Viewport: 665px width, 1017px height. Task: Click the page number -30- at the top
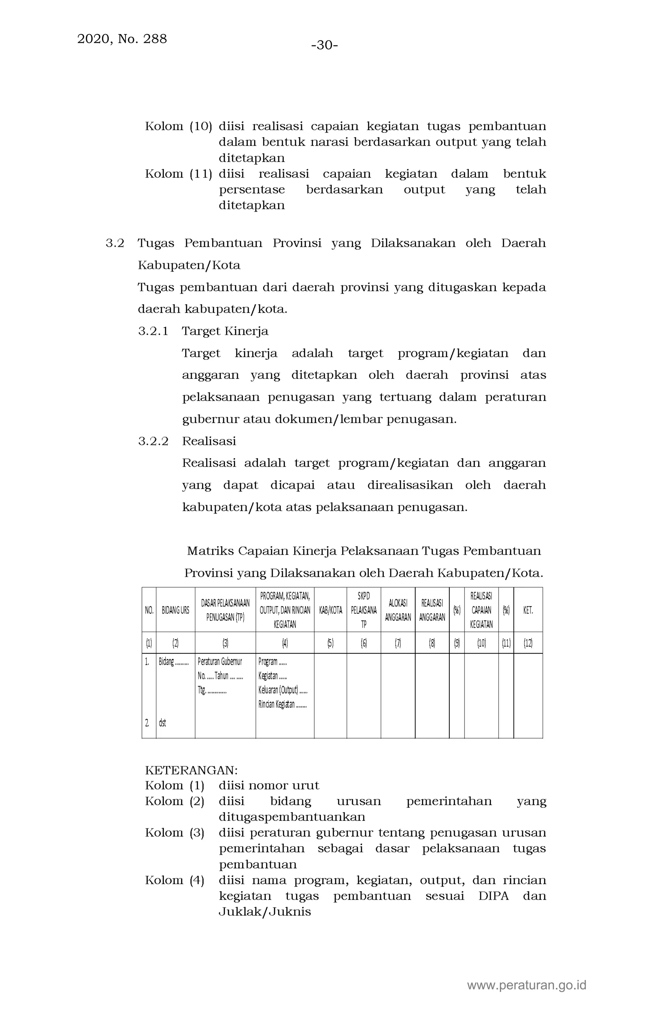324,45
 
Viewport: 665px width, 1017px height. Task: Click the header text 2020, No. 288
122,39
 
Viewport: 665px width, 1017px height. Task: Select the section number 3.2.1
153,331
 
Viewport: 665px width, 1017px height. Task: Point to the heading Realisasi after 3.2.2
209,441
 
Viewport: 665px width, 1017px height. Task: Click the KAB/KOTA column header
330,610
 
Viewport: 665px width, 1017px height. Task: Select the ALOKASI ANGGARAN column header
398,610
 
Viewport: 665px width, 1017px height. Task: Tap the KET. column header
528,610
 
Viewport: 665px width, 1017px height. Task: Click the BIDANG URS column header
175,610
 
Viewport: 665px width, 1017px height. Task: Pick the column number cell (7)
398,643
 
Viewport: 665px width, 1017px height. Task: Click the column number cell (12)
528,643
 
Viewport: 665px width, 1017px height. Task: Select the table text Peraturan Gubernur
220,662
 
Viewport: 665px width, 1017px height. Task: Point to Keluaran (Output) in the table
278,690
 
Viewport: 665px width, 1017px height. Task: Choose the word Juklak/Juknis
265,911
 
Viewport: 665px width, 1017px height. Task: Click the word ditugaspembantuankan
292,817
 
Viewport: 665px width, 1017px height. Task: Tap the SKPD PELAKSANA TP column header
364,610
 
